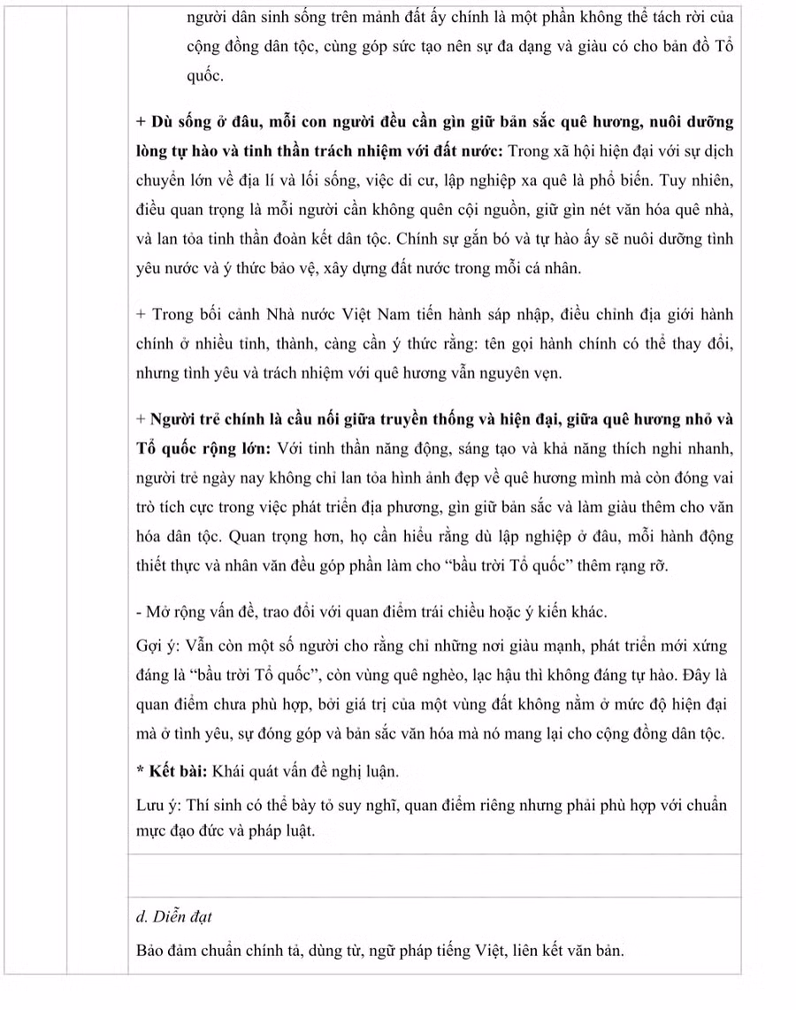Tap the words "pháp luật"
(280, 831)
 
